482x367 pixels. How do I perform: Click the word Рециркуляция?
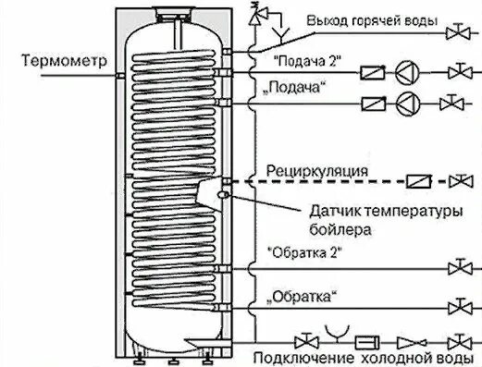pos(316,170)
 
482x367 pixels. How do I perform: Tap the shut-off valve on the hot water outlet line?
pos(457,35)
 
